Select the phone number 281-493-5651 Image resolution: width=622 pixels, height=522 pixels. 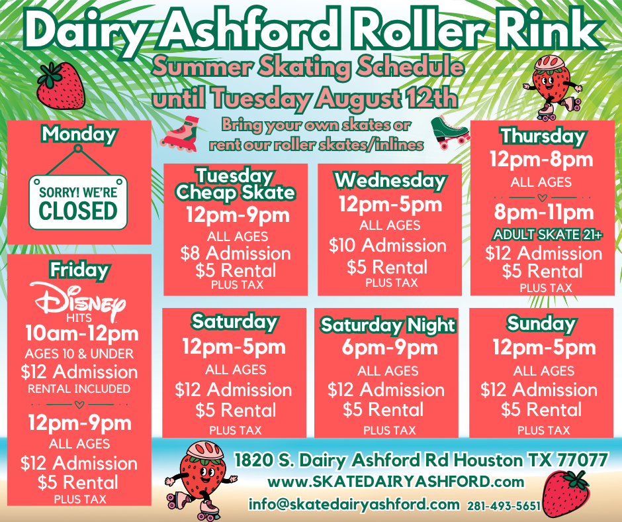(x=504, y=505)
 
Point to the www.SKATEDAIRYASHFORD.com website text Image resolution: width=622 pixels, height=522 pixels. (x=396, y=482)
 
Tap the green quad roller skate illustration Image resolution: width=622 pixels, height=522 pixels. (x=450, y=132)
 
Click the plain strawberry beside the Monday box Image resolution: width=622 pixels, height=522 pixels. (x=60, y=85)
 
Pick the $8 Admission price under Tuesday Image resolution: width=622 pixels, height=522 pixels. (x=236, y=254)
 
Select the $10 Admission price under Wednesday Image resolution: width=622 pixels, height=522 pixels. (x=388, y=245)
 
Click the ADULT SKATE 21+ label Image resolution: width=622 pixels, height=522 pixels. (x=547, y=235)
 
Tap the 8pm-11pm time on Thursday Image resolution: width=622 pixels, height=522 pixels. (x=544, y=212)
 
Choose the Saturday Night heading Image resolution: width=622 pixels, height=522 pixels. (x=388, y=325)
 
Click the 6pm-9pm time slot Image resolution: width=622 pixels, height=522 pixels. (x=390, y=348)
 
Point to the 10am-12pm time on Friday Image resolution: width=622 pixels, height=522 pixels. (x=81, y=333)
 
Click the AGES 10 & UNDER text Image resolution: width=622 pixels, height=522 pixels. (x=79, y=354)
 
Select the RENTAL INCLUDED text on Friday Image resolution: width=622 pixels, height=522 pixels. (x=79, y=389)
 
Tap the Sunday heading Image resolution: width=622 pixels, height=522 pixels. (x=541, y=323)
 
